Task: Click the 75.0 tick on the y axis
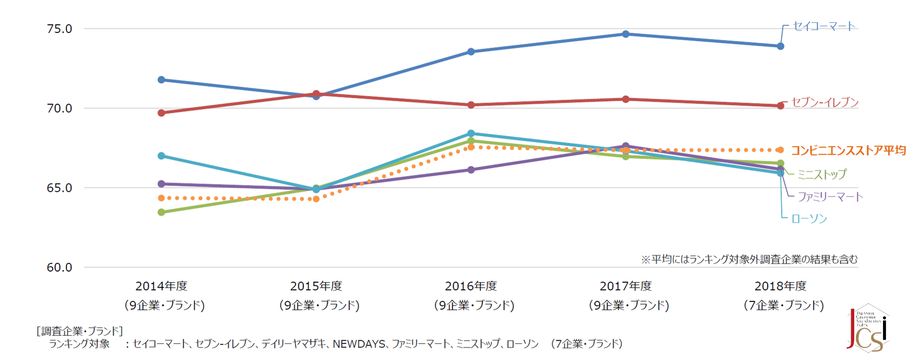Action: (59, 29)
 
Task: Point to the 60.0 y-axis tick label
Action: (59, 267)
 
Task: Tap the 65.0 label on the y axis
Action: (59, 188)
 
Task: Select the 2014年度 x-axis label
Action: (161, 286)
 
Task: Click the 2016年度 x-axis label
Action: (471, 286)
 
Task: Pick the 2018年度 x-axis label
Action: (780, 286)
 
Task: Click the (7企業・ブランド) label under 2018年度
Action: (783, 305)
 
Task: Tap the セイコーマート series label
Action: (824, 26)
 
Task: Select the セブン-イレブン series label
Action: (825, 103)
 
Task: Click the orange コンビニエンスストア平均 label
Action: (848, 151)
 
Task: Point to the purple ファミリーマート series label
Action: (830, 197)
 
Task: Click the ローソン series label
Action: (809, 218)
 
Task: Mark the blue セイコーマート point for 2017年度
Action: (626, 34)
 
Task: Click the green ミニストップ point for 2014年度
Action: (161, 212)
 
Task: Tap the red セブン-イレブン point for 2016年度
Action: (471, 105)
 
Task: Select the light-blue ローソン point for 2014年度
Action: (161, 156)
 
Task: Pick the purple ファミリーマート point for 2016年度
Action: (471, 170)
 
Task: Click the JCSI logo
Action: (867, 329)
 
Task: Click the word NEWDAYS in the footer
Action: (359, 344)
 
